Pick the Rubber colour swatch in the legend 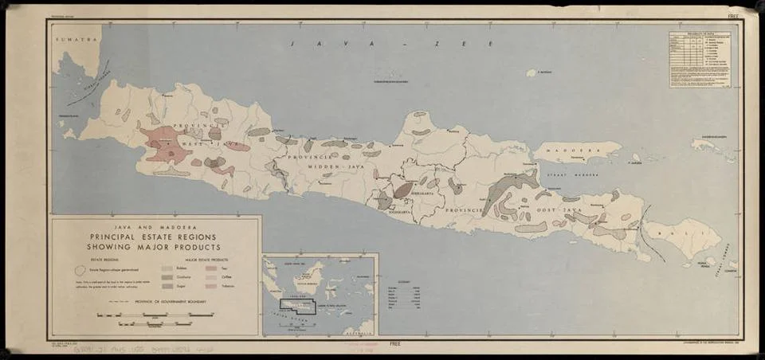(167, 269)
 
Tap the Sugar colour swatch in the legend (167, 285)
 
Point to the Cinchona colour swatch (167, 277)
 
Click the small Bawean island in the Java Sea (531, 72)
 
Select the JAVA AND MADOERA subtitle (155, 225)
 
